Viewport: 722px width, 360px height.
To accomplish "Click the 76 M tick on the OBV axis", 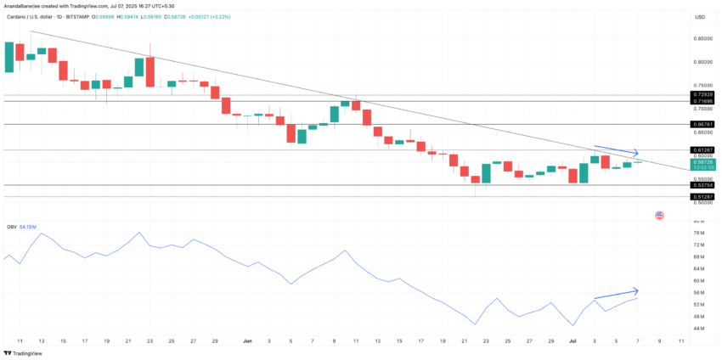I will pyautogui.click(x=699, y=233).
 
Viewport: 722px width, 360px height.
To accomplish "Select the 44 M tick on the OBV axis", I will pyautogui.click(x=699, y=328).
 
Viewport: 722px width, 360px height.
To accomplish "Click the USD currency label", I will pyautogui.click(x=699, y=17).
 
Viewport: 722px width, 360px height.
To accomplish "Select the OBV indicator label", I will pyautogui.click(x=12, y=227).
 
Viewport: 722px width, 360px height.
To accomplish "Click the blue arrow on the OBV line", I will pyautogui.click(x=617, y=293).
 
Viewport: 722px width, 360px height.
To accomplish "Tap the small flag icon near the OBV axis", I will pyautogui.click(x=659, y=216).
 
